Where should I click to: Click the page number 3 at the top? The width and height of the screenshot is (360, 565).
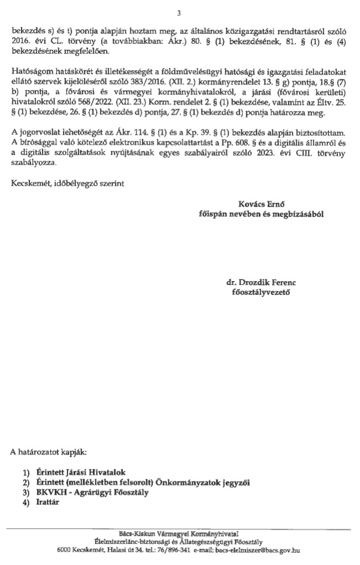(x=179, y=13)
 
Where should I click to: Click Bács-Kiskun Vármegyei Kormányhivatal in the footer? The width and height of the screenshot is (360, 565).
(x=179, y=534)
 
